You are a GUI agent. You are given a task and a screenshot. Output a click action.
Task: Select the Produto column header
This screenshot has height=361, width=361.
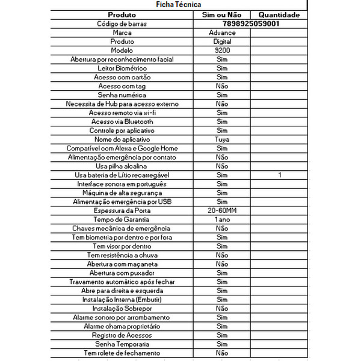click(x=122, y=14)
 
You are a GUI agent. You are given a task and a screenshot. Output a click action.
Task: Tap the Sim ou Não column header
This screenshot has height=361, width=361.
click(x=221, y=14)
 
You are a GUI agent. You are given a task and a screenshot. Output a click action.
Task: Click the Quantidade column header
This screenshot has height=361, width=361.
click(x=279, y=14)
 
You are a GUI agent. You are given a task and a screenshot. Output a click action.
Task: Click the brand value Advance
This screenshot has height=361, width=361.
click(x=221, y=32)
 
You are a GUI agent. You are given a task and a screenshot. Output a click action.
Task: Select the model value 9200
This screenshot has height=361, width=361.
click(x=221, y=51)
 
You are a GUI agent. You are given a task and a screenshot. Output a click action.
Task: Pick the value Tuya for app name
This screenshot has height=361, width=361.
click(x=221, y=140)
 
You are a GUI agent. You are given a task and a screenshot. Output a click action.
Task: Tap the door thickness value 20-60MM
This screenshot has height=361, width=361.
click(x=221, y=211)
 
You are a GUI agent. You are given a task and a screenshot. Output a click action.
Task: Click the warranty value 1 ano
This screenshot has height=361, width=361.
click(x=221, y=220)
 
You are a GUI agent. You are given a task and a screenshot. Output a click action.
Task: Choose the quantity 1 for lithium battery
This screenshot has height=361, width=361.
click(x=279, y=175)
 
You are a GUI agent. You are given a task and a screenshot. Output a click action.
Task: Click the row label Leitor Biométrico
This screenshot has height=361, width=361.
click(x=122, y=69)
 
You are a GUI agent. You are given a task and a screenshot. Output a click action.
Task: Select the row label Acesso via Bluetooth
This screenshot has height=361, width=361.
click(x=122, y=122)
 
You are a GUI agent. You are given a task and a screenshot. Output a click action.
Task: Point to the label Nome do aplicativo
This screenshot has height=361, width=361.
click(x=122, y=140)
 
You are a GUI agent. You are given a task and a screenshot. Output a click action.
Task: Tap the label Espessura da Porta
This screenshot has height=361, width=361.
click(x=122, y=211)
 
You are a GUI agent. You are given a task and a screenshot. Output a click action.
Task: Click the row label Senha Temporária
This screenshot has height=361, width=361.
click(x=122, y=344)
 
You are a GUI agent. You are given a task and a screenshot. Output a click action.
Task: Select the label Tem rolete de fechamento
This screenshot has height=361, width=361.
click(x=122, y=353)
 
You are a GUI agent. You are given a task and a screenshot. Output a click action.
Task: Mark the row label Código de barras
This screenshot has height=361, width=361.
click(x=122, y=23)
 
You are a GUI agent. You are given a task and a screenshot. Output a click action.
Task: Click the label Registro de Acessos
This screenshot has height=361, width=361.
click(x=122, y=335)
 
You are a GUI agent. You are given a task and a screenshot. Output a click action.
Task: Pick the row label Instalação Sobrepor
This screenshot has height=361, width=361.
click(x=122, y=309)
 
